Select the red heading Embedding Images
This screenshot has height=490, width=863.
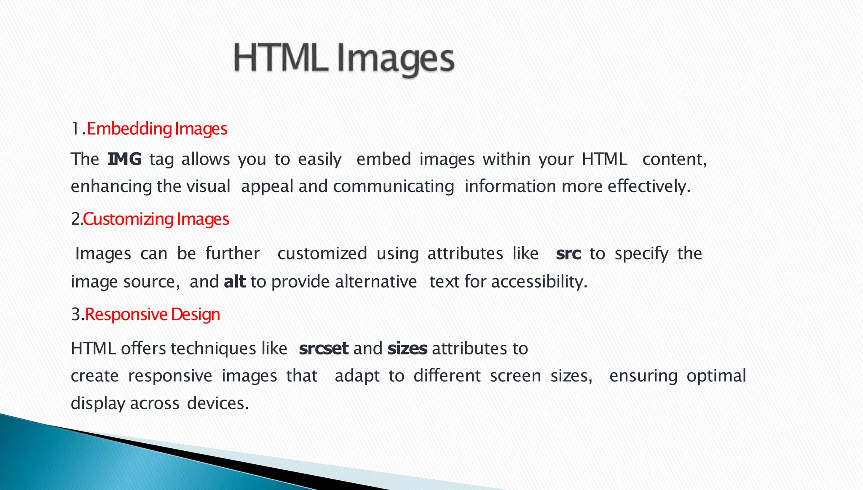[157, 129]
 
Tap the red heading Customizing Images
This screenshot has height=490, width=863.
[156, 219]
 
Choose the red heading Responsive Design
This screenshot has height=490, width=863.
[152, 314]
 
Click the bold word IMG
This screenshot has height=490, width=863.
[124, 159]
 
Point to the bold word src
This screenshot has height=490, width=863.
[568, 254]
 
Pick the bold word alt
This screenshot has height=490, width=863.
[235, 282]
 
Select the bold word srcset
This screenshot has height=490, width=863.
[323, 349]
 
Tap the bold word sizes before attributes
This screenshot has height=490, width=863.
[407, 349]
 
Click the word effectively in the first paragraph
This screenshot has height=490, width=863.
[648, 186]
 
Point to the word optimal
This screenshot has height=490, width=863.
[716, 376]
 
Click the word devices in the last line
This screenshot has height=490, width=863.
[217, 403]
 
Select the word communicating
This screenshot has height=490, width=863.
[393, 186]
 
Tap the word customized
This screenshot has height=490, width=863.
[322, 254]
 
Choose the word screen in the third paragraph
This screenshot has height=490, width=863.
[515, 376]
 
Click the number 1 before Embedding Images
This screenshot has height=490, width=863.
[75, 129]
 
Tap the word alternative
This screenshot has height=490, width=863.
[376, 282]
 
